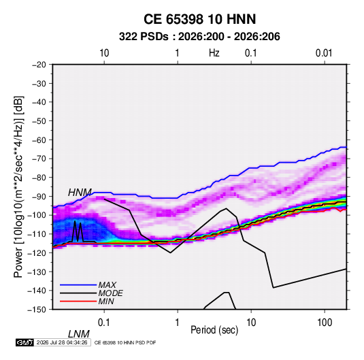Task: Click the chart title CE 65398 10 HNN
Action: click(199, 19)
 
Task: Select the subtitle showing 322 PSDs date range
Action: click(199, 37)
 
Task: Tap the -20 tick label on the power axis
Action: click(39, 65)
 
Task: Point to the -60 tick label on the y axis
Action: click(39, 140)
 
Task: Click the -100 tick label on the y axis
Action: click(37, 215)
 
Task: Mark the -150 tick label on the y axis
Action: click(37, 310)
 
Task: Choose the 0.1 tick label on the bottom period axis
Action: click(104, 323)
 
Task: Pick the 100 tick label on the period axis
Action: click(325, 323)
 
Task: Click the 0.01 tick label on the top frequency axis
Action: click(324, 53)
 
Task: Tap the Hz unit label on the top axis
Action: click(214, 53)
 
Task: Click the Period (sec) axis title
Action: click(214, 330)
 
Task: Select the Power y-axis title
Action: click(18, 187)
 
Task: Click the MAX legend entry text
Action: click(107, 284)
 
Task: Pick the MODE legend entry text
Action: click(110, 293)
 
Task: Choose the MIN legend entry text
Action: click(106, 301)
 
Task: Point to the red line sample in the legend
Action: click(78, 301)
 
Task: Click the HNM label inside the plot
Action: click(80, 193)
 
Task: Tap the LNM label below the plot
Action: click(79, 334)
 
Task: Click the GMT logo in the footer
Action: click(25, 342)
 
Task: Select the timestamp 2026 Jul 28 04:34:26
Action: click(62, 342)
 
